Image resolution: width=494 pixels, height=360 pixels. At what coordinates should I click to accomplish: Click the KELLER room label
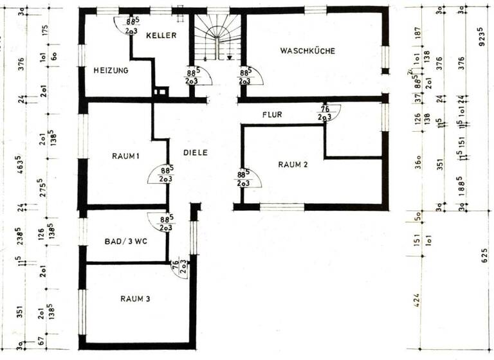160,35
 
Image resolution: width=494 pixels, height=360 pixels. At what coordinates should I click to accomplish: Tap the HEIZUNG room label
111,70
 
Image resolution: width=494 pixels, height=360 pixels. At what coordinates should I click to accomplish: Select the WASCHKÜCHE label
307,51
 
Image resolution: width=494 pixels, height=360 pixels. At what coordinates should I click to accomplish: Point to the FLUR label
272,115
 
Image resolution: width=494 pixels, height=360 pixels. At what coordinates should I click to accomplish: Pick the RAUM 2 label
293,165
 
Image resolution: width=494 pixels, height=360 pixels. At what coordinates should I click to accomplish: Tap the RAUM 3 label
135,298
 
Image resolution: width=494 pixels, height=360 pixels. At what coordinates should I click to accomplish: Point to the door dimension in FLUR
324,114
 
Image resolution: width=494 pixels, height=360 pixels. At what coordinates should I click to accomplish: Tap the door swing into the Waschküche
250,76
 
